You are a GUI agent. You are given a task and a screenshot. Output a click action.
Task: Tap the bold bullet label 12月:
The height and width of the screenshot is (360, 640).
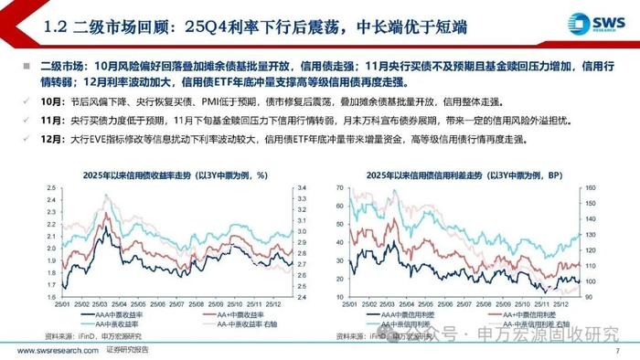(33, 140)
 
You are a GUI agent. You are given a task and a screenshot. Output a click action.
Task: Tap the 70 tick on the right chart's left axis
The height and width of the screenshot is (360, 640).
(337, 186)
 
